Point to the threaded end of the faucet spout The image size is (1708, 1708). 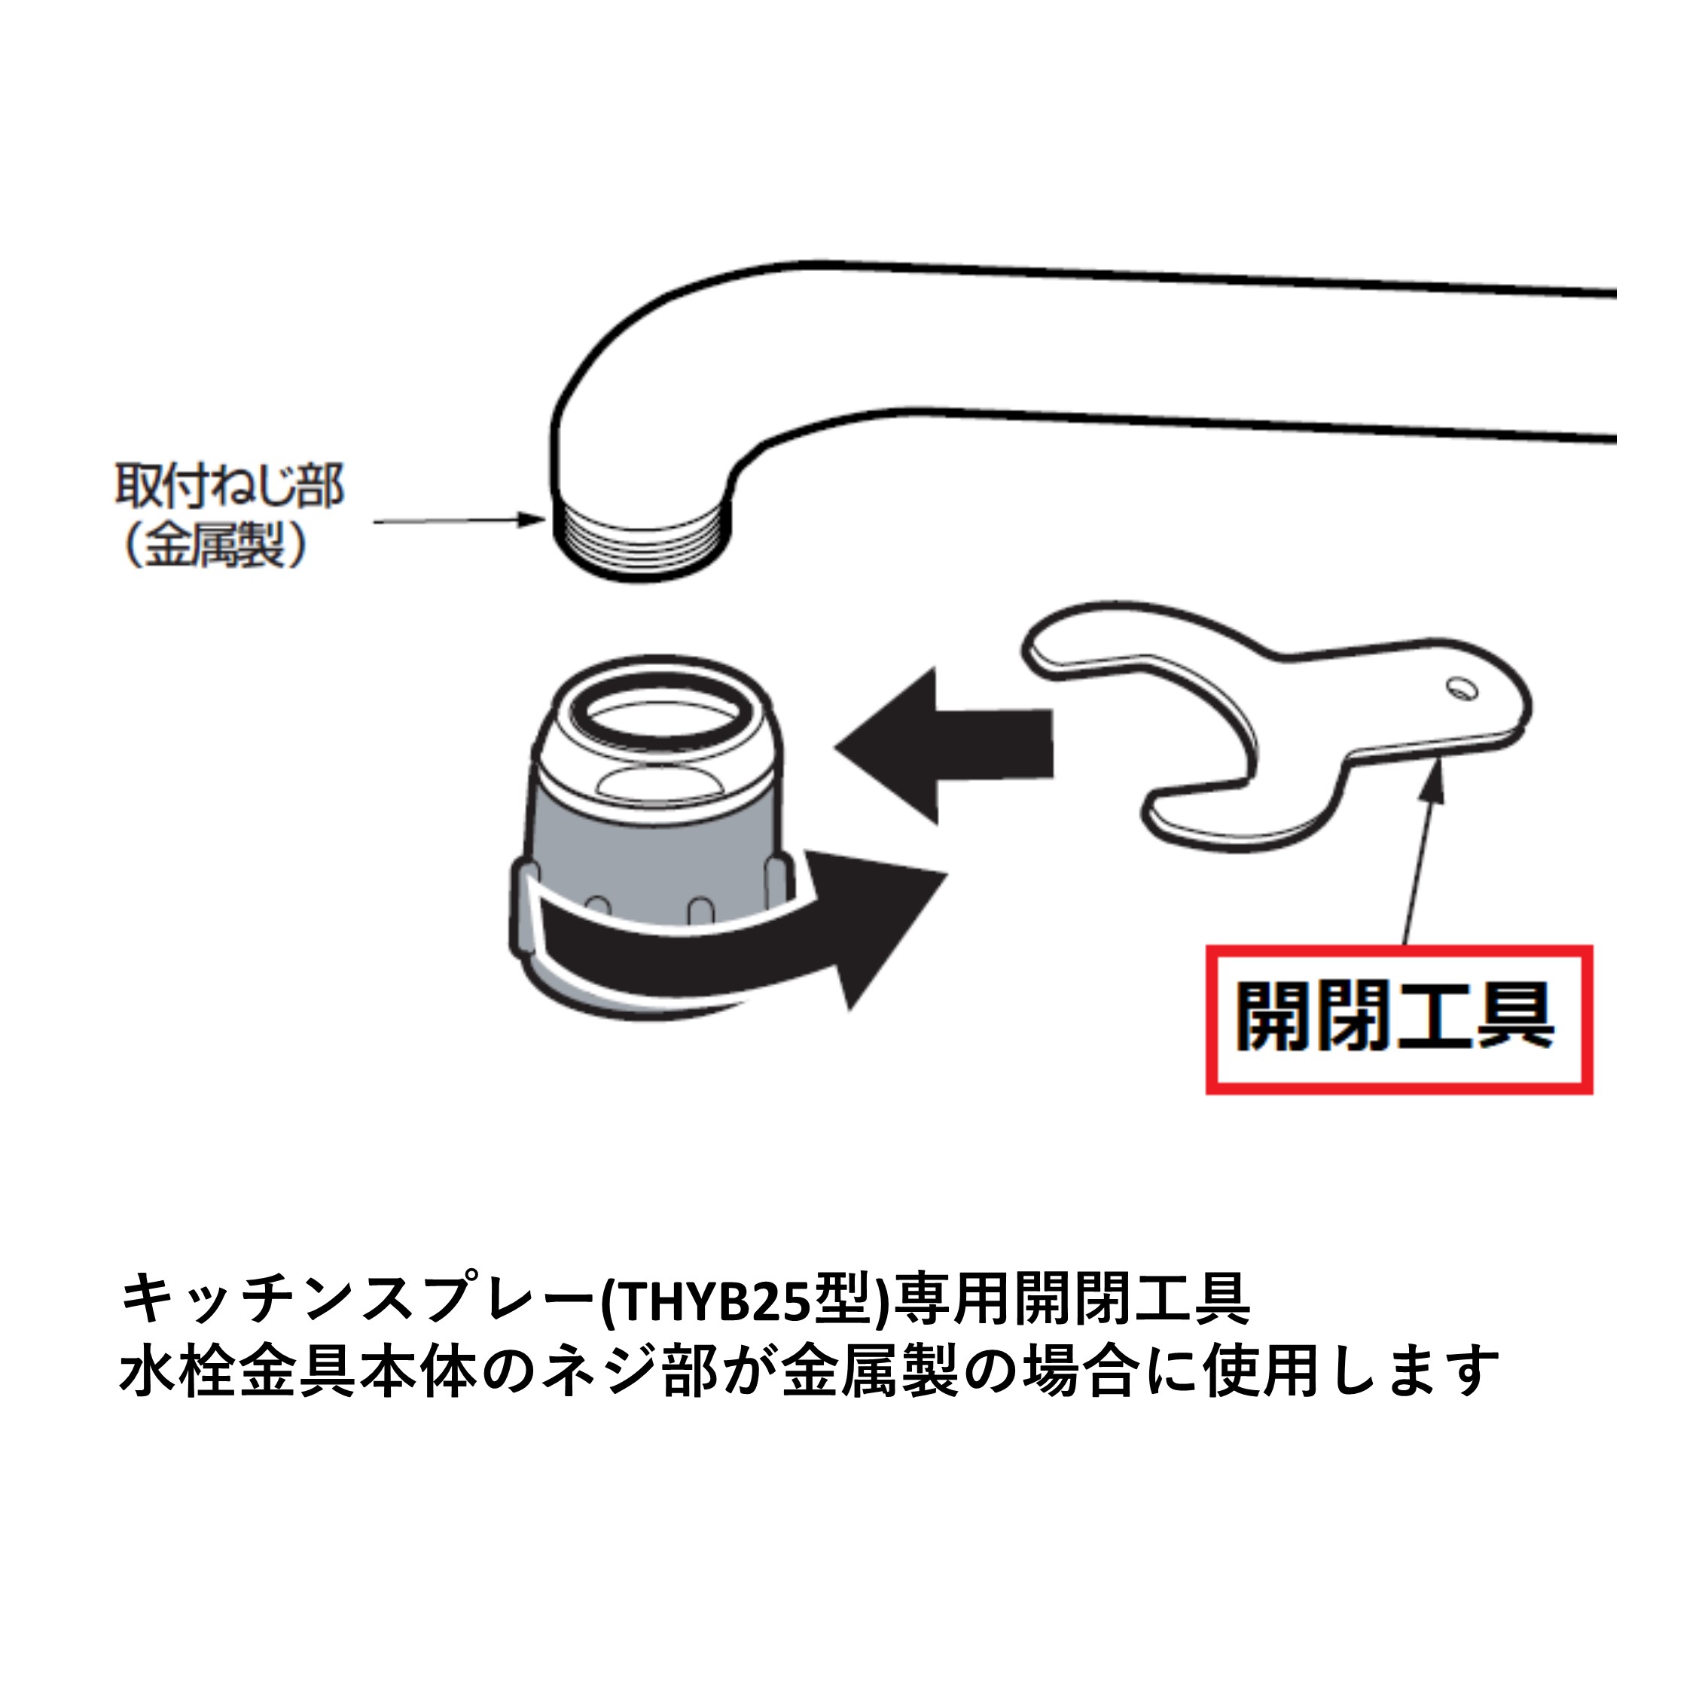pos(642,541)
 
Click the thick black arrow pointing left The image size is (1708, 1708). pos(944,746)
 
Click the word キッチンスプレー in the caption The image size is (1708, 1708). pos(358,1300)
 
